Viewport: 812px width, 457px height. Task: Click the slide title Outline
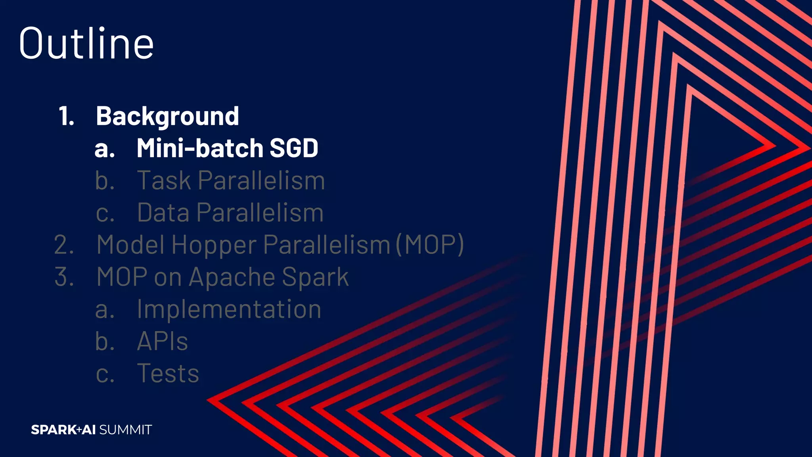click(86, 44)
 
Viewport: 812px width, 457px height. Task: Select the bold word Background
click(167, 116)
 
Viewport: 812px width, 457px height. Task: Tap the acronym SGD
click(294, 148)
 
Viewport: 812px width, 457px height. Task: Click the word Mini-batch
click(200, 148)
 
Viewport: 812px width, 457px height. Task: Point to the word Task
click(164, 180)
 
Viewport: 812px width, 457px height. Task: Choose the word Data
click(163, 213)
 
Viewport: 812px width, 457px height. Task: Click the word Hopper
click(214, 245)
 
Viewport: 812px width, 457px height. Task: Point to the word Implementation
click(229, 309)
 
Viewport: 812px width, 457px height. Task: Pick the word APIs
click(162, 341)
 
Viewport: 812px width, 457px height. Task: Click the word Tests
click(168, 373)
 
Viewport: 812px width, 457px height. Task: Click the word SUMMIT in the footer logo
click(125, 430)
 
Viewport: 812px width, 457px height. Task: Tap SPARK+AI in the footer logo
click(63, 430)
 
